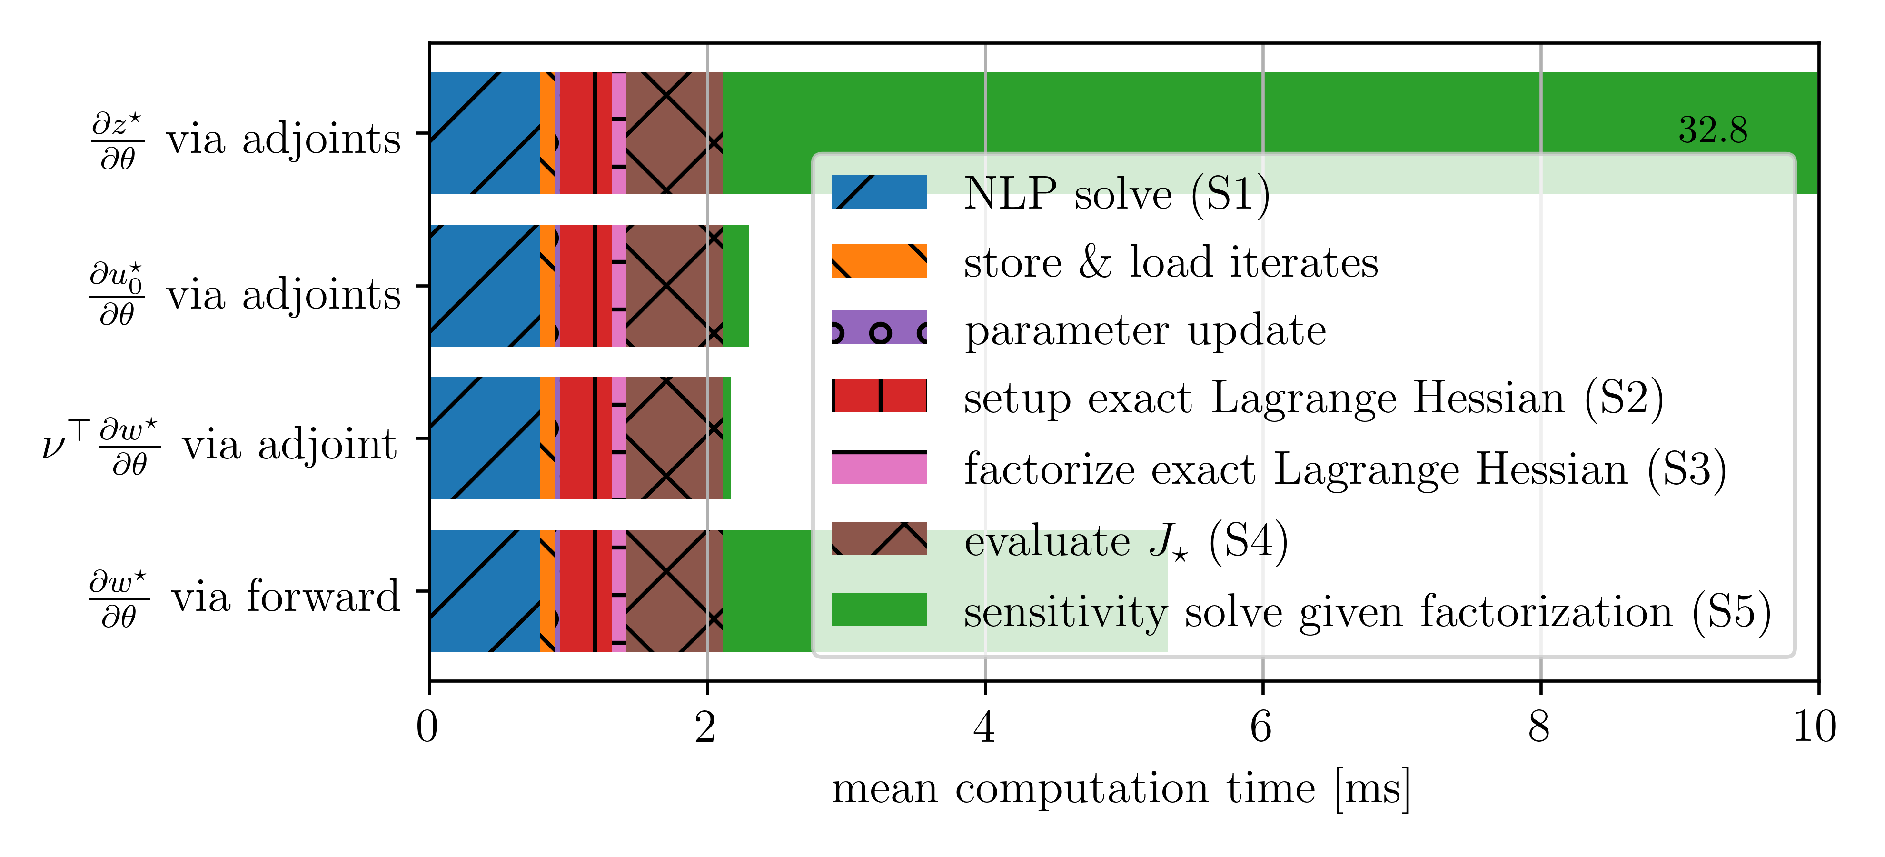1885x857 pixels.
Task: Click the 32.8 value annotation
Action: pyautogui.click(x=1712, y=130)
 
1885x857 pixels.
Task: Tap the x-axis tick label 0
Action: pyautogui.click(x=427, y=727)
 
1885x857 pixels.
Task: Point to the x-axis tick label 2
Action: pyautogui.click(x=706, y=727)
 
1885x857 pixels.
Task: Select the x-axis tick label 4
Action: pyautogui.click(x=984, y=727)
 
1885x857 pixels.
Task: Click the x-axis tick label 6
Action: pyautogui.click(x=1261, y=727)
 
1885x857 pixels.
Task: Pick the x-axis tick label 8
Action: pyautogui.click(x=1539, y=727)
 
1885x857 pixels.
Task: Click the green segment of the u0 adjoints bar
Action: pyautogui.click(x=736, y=285)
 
